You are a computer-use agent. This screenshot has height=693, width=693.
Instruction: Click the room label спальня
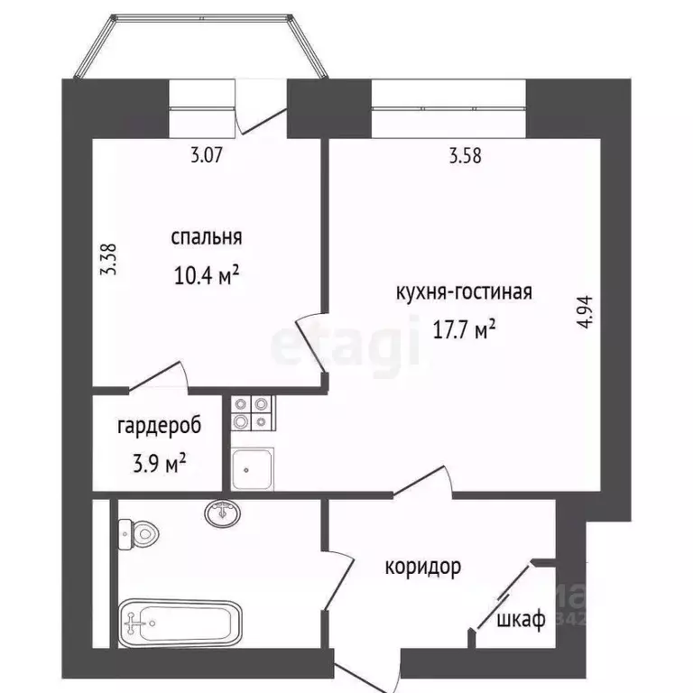(x=207, y=237)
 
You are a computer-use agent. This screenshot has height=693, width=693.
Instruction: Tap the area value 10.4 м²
(x=207, y=273)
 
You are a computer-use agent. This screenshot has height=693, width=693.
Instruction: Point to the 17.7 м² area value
(x=464, y=330)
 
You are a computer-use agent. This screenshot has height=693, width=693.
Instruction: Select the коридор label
(x=422, y=567)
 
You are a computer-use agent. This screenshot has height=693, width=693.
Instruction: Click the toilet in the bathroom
(x=137, y=536)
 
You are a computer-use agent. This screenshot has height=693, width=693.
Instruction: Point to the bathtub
(x=180, y=622)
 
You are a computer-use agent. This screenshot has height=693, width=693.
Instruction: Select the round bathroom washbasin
(x=222, y=513)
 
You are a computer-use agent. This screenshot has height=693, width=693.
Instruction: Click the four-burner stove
(x=251, y=412)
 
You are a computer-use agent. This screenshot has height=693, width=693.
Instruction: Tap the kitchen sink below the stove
(x=251, y=466)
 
